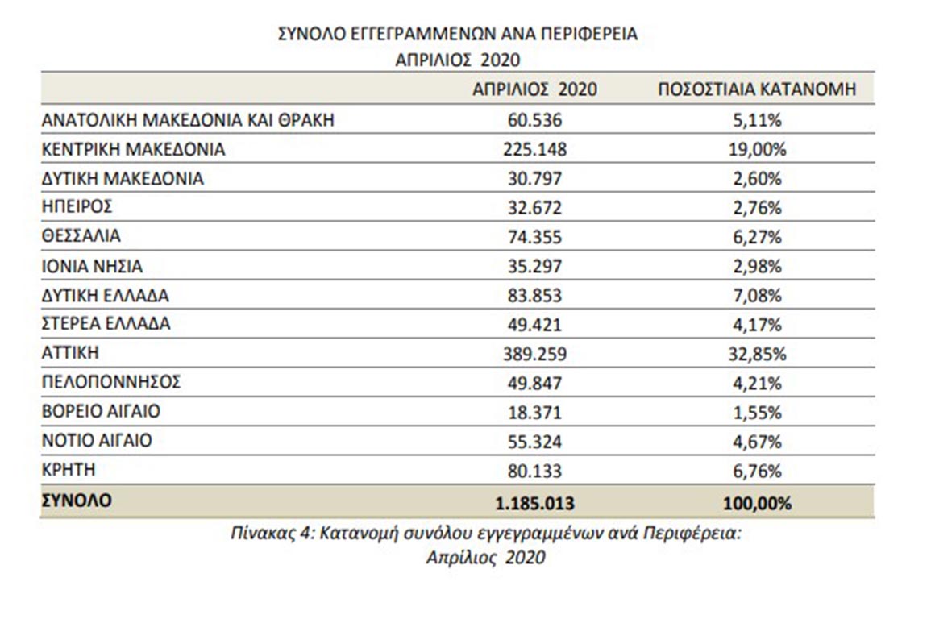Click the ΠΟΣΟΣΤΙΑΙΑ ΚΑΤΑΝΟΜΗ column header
tap(757, 89)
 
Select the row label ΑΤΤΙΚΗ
tap(70, 353)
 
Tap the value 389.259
tap(535, 355)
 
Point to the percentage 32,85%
tap(757, 355)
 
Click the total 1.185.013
tap(535, 503)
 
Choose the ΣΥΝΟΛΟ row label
tap(77, 501)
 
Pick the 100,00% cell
tap(757, 503)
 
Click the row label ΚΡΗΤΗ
tap(69, 470)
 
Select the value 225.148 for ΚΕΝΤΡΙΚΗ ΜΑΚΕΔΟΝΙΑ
tap(535, 149)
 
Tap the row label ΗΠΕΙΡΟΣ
tap(77, 207)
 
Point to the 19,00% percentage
tap(757, 149)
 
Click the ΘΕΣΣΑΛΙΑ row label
tap(81, 236)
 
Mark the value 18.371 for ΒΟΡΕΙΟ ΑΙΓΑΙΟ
tap(535, 413)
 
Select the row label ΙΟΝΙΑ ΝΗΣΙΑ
tap(92, 267)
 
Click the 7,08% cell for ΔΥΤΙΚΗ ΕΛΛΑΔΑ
tap(757, 296)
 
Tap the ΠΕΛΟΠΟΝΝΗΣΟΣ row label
tap(111, 382)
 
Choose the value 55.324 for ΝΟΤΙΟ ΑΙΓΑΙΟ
tap(535, 442)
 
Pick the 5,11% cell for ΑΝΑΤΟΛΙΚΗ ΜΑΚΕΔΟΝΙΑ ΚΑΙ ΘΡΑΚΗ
tap(757, 120)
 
